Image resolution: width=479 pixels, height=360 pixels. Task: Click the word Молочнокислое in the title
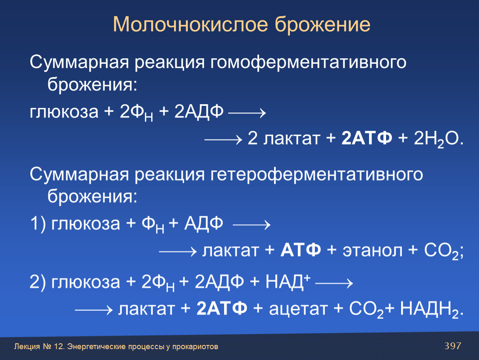pyautogui.click(x=190, y=24)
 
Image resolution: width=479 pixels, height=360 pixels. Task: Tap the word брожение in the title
pyautogui.click(x=322, y=24)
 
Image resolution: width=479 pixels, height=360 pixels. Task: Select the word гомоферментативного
pyautogui.click(x=308, y=62)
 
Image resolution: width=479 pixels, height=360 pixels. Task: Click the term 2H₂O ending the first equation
pyautogui.click(x=439, y=139)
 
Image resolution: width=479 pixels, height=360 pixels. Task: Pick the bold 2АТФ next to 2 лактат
pyautogui.click(x=367, y=138)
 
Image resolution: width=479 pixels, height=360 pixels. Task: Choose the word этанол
pyautogui.click(x=372, y=250)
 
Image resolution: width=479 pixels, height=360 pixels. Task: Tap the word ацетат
pyautogui.click(x=298, y=309)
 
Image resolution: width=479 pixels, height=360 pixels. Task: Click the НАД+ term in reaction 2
pyautogui.click(x=288, y=282)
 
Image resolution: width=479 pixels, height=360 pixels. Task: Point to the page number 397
pyautogui.click(x=453, y=346)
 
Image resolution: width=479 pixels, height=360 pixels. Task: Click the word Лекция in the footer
pyautogui.click(x=27, y=347)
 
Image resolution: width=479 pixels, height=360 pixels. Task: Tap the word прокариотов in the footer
pyautogui.click(x=195, y=347)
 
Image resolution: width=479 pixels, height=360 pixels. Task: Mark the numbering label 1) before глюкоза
pyautogui.click(x=38, y=223)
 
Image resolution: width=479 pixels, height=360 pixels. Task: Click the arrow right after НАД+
pyautogui.click(x=334, y=283)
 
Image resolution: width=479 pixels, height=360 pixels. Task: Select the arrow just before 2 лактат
pyautogui.click(x=223, y=140)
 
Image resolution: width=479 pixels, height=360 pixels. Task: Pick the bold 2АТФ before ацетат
pyautogui.click(x=222, y=308)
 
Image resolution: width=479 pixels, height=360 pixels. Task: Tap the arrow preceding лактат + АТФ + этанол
pyautogui.click(x=178, y=252)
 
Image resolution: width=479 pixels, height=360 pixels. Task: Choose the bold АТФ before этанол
pyautogui.click(x=301, y=250)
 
